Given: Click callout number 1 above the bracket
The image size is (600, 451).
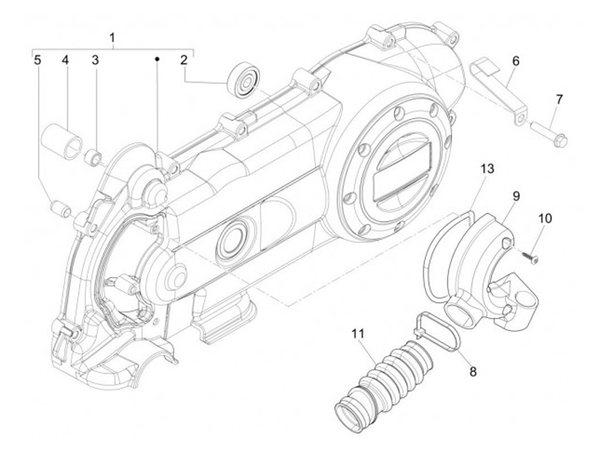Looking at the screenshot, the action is click(112, 38).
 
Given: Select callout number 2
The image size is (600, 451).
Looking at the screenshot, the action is click(184, 61).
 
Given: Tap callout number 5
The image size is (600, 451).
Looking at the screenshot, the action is click(37, 61).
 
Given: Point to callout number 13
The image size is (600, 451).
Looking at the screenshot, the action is click(487, 169).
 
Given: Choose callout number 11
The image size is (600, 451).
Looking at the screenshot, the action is click(358, 334).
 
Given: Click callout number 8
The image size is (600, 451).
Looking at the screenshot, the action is click(473, 371).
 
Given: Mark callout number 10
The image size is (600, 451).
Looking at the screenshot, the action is click(545, 219).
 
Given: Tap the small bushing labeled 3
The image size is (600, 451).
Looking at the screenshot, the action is click(93, 157).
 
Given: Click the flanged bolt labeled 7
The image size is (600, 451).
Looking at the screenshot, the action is click(549, 133).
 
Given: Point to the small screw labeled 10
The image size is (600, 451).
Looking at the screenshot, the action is click(528, 257).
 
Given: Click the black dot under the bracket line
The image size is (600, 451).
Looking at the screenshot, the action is click(157, 59).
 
